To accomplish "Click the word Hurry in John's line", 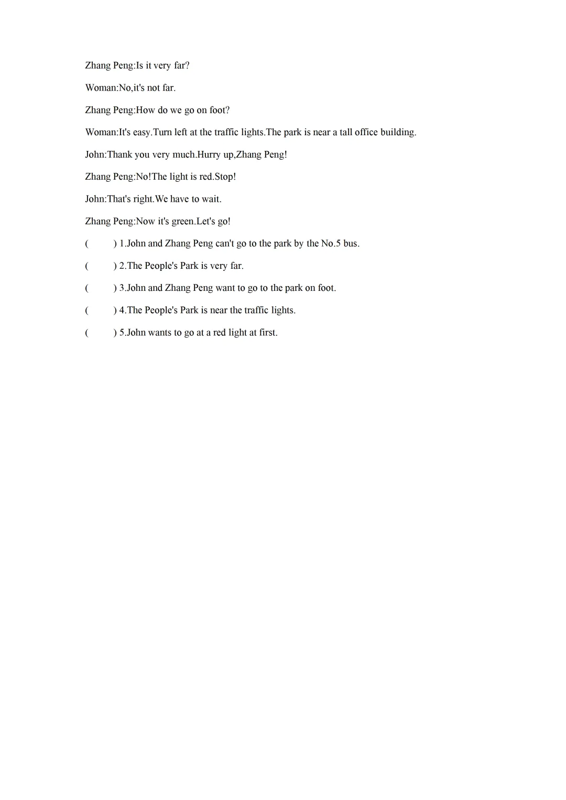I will pos(209,155).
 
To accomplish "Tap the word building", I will pos(398,132).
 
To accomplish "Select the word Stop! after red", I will pos(225,177).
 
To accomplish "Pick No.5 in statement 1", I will pos(331,244).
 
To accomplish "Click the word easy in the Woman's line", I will pos(141,132).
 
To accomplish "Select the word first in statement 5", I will pos(268,333).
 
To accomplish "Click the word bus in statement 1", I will pos(351,244).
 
